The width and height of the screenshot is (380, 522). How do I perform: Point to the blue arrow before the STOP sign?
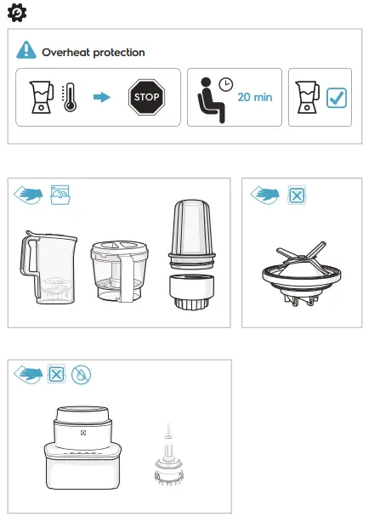(102, 97)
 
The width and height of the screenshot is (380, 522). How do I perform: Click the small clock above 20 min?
(225, 83)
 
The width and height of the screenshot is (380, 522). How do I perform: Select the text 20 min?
(255, 98)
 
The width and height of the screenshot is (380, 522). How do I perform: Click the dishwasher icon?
(60, 194)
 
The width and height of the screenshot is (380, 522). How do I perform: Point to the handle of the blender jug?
(26, 265)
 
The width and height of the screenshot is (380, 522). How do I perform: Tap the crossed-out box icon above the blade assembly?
(296, 195)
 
